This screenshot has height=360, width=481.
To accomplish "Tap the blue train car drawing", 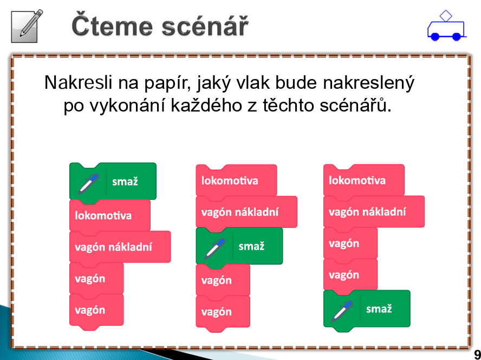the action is (446, 26).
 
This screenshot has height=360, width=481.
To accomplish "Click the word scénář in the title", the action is (205, 26).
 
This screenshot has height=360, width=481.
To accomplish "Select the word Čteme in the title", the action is (112, 25).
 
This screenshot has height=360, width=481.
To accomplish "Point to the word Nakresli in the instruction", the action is (78, 82).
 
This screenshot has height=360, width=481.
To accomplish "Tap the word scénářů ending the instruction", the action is (355, 105).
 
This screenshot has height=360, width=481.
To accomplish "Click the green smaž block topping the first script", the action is (113, 181).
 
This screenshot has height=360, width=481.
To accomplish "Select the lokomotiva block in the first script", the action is (110, 215).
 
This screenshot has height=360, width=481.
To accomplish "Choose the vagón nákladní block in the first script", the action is (120, 247).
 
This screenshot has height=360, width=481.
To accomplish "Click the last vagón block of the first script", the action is (96, 310).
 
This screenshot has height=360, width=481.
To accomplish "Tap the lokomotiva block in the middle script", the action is (236, 180).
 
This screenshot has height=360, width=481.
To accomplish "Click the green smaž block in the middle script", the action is (239, 246).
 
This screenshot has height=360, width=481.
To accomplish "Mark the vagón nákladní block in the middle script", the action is (246, 212).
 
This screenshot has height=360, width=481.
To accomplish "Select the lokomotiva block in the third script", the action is (364, 180).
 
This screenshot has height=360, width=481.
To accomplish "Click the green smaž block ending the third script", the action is (367, 309).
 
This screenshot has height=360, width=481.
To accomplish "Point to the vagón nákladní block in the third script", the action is (374, 212).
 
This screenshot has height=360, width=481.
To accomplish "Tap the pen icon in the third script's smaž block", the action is (342, 311).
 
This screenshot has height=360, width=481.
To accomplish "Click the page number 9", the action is (477, 355).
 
